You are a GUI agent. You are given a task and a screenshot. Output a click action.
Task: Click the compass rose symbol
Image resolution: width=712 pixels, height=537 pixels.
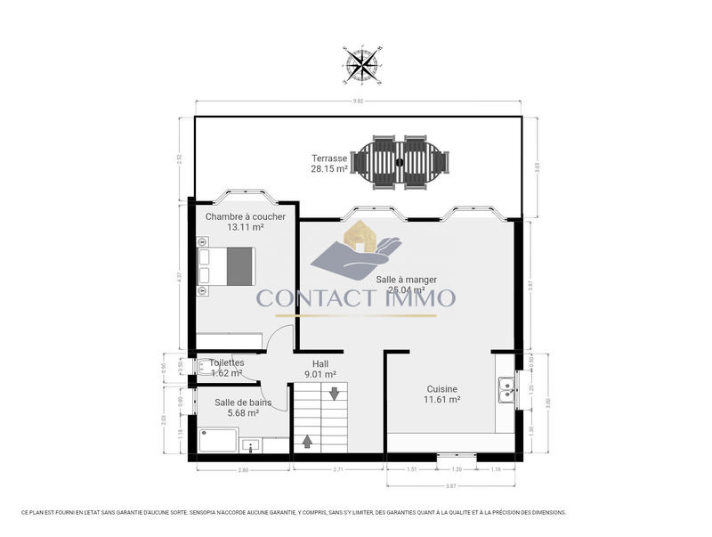tap(360, 62)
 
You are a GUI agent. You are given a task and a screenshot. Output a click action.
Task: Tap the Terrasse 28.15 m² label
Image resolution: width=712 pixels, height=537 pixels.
tap(328, 163)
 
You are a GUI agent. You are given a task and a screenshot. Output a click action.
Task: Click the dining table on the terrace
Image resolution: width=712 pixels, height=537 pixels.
tap(400, 162)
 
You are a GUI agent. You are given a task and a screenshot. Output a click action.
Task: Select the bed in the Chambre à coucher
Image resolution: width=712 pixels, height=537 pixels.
tap(228, 265)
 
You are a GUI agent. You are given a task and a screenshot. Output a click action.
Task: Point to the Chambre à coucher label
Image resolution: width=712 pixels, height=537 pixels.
tap(245, 222)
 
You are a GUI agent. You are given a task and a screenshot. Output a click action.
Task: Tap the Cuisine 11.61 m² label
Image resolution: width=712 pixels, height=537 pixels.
tap(441, 395)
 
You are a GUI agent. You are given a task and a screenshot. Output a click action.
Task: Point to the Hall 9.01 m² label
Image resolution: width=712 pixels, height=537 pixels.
tap(324, 369)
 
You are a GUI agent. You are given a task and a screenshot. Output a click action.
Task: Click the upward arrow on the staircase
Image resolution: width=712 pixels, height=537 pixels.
tap(308, 441)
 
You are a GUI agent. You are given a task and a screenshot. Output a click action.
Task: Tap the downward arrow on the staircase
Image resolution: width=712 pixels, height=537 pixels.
tap(334, 394)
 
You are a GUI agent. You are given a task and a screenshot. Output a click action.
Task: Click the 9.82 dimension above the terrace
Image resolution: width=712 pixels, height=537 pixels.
tap(358, 102)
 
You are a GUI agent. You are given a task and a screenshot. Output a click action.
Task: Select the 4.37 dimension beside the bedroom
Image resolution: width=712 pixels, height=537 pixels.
tap(180, 276)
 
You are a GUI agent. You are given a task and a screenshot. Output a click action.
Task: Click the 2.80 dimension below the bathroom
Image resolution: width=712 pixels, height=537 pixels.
tap(242, 469)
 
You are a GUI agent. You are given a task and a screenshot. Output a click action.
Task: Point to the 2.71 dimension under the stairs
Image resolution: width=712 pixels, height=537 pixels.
tap(338, 469)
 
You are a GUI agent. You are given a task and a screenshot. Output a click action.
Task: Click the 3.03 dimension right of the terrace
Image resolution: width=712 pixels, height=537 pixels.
tap(536, 167)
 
